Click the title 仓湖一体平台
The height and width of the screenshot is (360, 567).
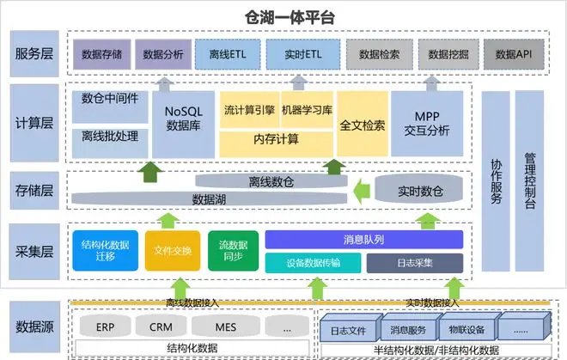click(290, 17)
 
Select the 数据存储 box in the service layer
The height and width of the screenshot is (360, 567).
click(101, 54)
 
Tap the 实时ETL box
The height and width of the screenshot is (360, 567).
click(303, 54)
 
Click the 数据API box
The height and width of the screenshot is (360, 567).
click(514, 54)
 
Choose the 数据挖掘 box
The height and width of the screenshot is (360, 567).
click(448, 54)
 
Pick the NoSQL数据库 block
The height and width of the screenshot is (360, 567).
click(183, 125)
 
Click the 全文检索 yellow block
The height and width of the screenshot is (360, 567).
click(363, 124)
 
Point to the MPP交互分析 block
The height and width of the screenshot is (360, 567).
click(427, 124)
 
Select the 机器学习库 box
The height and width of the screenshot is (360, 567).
click(307, 110)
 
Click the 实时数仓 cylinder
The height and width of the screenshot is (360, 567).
click(418, 189)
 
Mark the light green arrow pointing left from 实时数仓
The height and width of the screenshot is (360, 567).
click(361, 191)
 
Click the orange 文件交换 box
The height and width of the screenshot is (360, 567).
click(173, 251)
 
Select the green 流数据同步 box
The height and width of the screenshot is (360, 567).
click(233, 251)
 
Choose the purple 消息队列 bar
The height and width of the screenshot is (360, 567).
click(363, 240)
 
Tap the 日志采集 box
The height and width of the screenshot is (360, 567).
click(415, 263)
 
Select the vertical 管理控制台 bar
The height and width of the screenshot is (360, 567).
click(529, 181)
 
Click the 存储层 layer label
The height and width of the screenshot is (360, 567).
click(34, 191)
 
